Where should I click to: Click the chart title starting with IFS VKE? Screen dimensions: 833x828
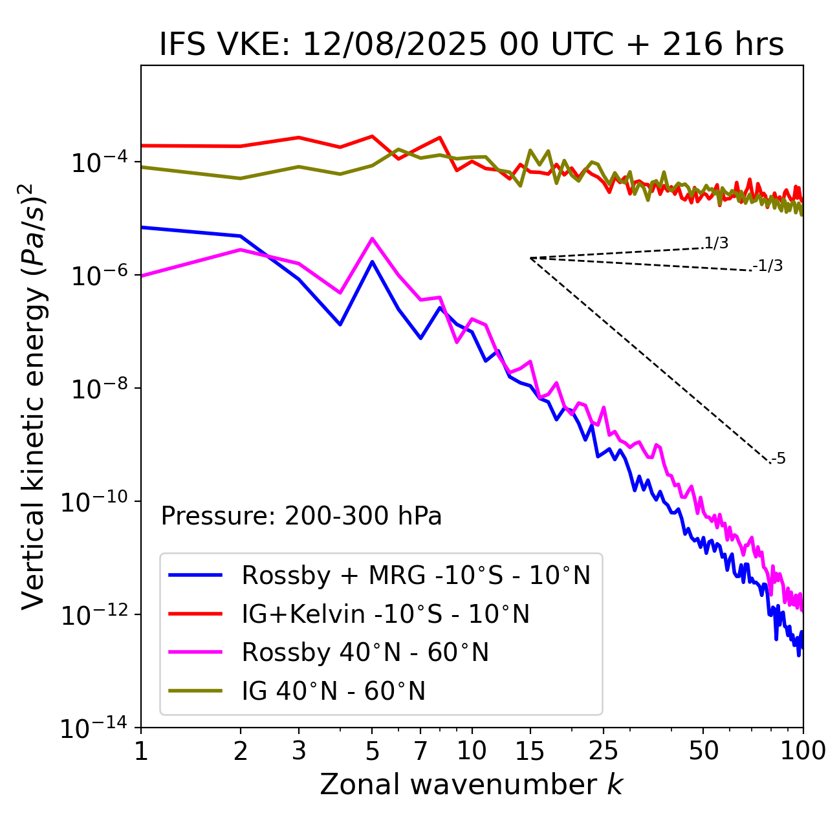[x=472, y=45]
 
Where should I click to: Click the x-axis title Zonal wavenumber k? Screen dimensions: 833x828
[x=472, y=784]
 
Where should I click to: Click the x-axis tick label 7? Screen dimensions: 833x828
[x=420, y=751]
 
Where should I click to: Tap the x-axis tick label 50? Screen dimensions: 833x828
[x=703, y=751]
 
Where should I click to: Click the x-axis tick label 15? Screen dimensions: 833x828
[x=530, y=751]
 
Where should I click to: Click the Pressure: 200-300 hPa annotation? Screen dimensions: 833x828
[x=301, y=516]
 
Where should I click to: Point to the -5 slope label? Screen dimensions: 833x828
[x=778, y=459]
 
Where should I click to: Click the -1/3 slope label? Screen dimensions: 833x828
[x=768, y=266]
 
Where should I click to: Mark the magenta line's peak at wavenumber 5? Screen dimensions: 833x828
[x=372, y=239]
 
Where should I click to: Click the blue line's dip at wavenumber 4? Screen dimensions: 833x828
[x=340, y=324]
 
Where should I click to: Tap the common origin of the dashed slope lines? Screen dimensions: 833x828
[x=530, y=258]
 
